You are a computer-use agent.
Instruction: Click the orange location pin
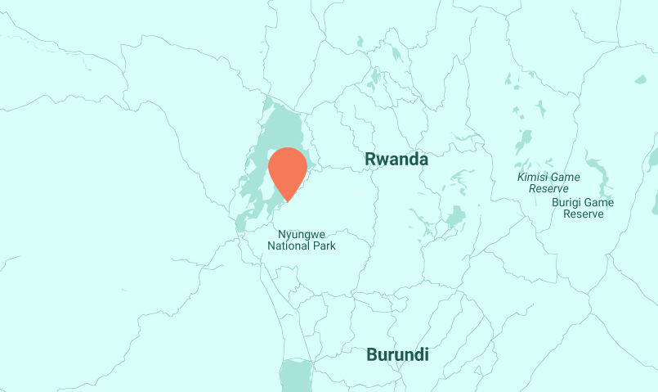(x=288, y=168)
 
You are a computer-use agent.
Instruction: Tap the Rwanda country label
(x=396, y=159)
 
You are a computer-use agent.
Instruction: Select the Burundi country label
(x=397, y=355)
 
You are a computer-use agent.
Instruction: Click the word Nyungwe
(x=302, y=234)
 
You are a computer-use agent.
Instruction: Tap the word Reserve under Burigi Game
(x=584, y=214)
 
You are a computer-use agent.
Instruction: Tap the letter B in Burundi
(x=372, y=355)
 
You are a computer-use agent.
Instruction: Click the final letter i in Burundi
(x=426, y=355)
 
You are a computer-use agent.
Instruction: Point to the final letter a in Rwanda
(x=423, y=160)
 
